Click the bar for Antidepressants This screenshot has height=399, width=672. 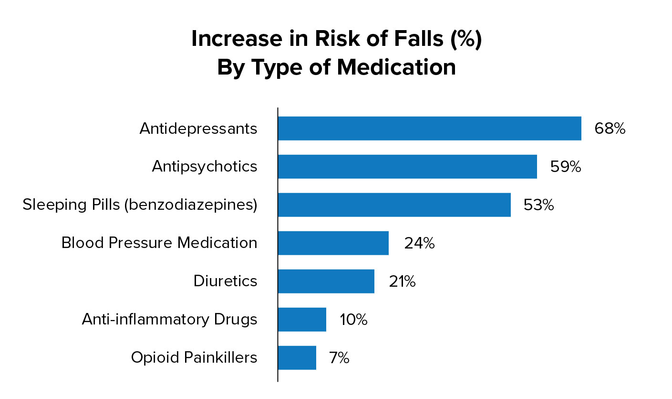(429, 129)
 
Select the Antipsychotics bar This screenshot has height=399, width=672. (407, 167)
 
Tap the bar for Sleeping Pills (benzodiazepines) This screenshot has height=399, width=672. (394, 205)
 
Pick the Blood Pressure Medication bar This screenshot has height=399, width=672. (333, 243)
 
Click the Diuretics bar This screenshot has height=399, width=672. (326, 281)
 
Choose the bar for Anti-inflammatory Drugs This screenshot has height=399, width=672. (302, 320)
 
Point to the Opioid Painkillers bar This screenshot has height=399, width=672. (297, 358)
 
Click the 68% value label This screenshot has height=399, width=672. (610, 129)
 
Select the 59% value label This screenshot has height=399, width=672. (565, 167)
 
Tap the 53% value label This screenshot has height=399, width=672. (538, 205)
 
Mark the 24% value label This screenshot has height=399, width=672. (419, 243)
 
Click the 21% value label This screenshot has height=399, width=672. (402, 281)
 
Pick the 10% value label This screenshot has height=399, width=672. (353, 320)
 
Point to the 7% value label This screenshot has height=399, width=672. (339, 358)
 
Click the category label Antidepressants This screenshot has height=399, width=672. (198, 129)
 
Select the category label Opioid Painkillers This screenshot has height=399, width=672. (194, 358)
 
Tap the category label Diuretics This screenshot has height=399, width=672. (225, 281)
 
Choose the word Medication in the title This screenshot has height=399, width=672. (396, 67)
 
